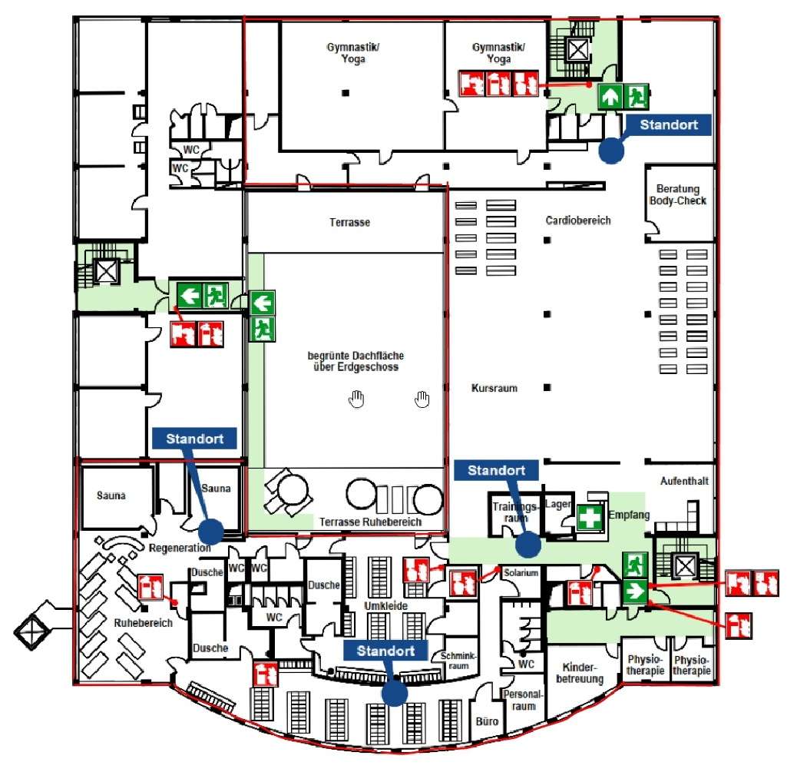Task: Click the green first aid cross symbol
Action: pos(590,518)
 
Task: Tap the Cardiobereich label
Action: pos(578,220)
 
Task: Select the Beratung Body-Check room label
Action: pos(678,195)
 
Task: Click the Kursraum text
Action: pos(494,389)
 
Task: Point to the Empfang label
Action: pos(629,515)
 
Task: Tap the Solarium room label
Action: pos(521,572)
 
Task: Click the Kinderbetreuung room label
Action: pos(580,673)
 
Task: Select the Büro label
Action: pos(487,721)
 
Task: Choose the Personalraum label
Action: pos(523,700)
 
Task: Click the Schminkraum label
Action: pos(458,661)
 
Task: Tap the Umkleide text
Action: pos(385,606)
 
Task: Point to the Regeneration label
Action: pos(180,548)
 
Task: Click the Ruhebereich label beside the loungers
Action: pos(143,623)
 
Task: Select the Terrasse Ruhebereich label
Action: pos(370,522)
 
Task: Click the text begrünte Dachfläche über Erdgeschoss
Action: pos(356,361)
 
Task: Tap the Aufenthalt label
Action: pos(684,481)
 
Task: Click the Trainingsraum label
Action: pos(515,512)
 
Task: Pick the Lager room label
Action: pos(557,504)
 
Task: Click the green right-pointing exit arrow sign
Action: pos(635,591)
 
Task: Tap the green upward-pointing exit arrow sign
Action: pos(610,96)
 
